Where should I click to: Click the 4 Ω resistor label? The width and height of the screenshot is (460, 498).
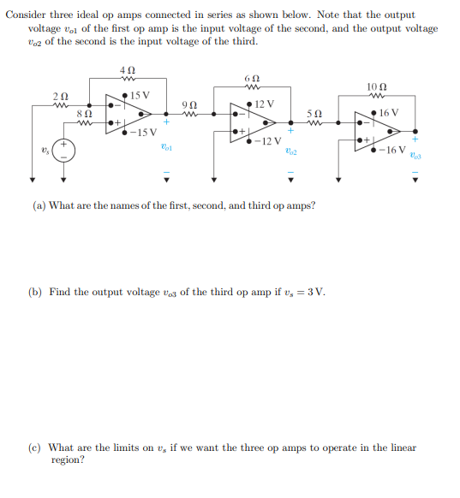128,69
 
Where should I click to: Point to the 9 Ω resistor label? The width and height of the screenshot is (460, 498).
191,104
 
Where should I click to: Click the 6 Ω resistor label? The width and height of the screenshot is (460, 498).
252,78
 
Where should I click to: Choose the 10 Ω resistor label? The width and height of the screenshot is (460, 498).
377,88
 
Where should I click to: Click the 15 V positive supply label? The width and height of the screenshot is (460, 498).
141,95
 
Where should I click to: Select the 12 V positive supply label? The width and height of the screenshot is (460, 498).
265,104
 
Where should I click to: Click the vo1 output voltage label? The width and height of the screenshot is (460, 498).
167,147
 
